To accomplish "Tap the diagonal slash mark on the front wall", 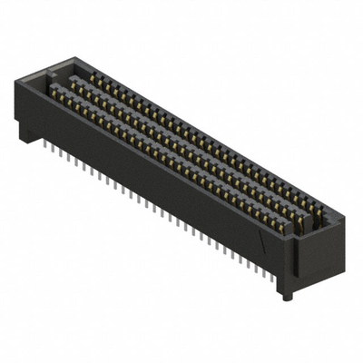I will point(263,241).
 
